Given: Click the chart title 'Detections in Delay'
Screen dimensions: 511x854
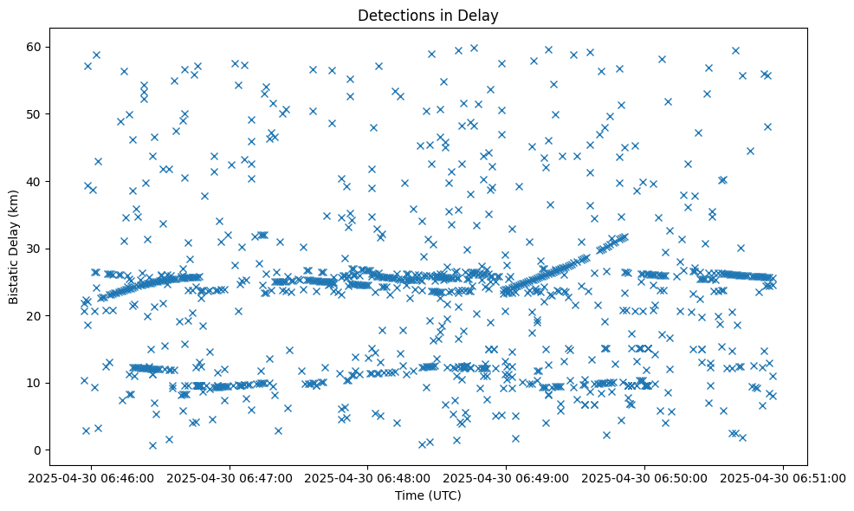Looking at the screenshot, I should [428, 16].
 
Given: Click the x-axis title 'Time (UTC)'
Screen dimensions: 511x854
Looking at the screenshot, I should [428, 495].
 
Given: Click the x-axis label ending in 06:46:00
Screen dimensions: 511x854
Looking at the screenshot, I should [91, 477].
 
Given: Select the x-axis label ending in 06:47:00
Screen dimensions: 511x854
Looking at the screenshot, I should [230, 477].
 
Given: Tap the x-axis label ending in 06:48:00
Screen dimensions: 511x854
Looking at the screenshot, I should [368, 477].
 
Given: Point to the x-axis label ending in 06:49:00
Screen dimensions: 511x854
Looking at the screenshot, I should [507, 477].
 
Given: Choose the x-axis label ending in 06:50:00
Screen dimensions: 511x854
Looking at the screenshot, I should [645, 477].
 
